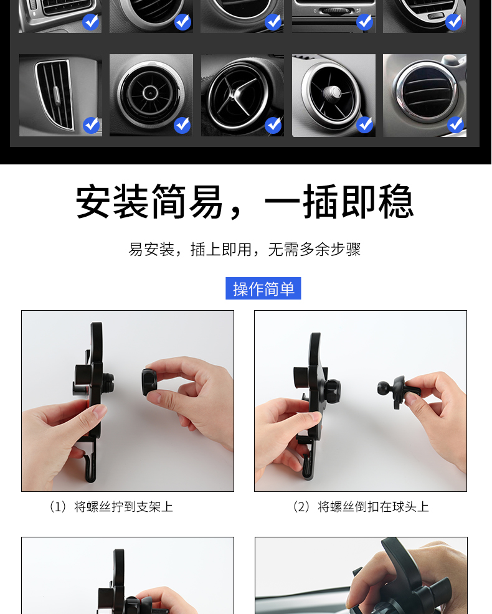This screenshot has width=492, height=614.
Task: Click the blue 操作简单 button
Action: [x=263, y=288]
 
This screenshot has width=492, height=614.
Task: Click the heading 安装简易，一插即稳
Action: [x=245, y=202]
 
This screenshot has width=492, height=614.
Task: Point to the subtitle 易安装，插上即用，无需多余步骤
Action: [x=245, y=250]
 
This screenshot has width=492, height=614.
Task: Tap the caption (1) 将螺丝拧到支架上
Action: [x=111, y=507]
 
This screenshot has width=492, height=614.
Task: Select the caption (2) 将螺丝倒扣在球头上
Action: [x=361, y=507]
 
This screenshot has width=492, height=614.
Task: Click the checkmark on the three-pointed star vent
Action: [x=273, y=125]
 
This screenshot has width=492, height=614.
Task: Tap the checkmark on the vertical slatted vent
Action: [x=92, y=125]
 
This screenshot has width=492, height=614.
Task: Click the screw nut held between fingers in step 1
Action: [x=149, y=382]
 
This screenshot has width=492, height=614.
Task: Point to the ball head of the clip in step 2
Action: [x=383, y=388]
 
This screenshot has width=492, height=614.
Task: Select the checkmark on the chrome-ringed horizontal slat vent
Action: [x=456, y=125]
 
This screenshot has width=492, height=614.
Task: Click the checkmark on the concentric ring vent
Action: [x=182, y=125]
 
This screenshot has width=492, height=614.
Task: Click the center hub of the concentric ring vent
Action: [x=150, y=93]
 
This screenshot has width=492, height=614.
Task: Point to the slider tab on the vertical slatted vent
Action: [x=57, y=95]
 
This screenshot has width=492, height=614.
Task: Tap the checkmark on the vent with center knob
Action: [x=365, y=125]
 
